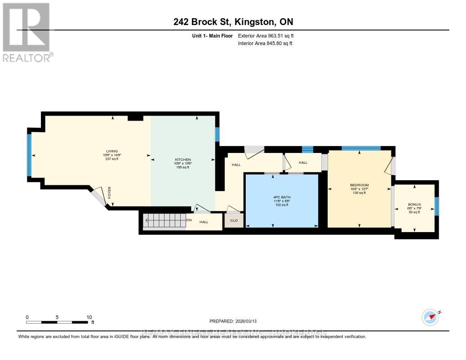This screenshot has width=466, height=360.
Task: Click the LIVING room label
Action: coord(112,151)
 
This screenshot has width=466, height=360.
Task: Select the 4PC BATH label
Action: coord(281,197)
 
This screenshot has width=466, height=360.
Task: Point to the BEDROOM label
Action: coord(359,185)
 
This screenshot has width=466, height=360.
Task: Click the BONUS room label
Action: coord(415,204)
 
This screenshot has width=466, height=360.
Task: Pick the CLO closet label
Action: coord(234,221)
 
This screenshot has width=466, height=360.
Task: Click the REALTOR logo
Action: coord(27,32)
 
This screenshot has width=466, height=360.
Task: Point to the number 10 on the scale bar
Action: coord(89,317)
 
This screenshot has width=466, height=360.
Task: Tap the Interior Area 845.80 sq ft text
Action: coord(265,44)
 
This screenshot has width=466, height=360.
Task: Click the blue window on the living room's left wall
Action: coord(30,155)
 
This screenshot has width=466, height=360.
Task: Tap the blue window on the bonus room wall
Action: coord(436,206)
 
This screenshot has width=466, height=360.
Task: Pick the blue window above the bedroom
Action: coord(361,148)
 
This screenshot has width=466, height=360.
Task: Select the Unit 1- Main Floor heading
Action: coord(213,35)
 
